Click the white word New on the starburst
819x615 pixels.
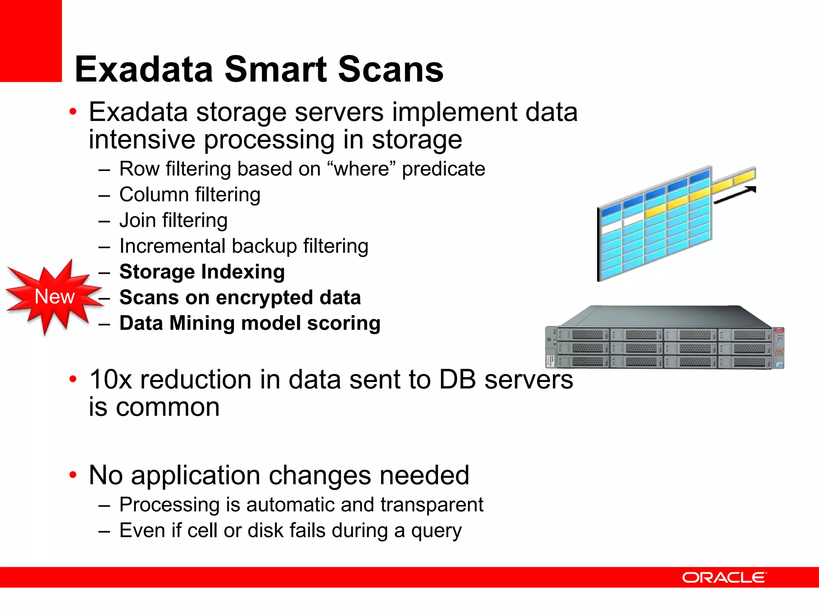54,297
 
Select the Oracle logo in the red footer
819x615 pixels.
724,577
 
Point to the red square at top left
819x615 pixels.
31,40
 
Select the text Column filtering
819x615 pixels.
190,195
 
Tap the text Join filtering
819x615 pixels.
174,221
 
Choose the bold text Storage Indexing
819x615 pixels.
202,272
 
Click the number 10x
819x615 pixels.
110,380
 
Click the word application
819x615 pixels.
195,476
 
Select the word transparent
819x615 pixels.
432,504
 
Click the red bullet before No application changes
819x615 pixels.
73,475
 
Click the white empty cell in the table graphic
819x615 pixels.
633,220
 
